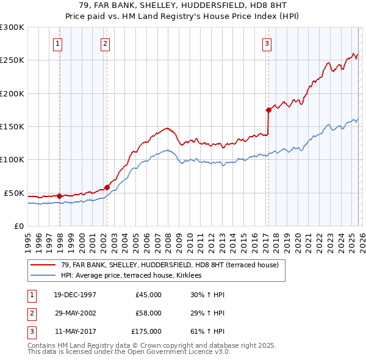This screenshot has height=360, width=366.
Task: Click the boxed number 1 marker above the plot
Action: click(x=57, y=43)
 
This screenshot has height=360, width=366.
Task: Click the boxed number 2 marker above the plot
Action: click(x=106, y=43)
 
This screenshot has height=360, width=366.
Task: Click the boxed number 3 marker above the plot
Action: click(x=267, y=43)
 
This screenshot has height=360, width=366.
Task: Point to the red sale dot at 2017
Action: click(x=268, y=110)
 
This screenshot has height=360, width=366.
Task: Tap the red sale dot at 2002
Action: click(x=107, y=187)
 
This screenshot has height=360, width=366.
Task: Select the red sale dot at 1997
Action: click(x=60, y=196)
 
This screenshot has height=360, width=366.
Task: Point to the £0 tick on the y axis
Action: click(x=19, y=226)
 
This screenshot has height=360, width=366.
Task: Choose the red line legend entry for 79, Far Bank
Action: click(x=170, y=265)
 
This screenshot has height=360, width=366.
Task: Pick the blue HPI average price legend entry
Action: click(x=135, y=276)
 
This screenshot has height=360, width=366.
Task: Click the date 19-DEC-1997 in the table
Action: click(x=75, y=295)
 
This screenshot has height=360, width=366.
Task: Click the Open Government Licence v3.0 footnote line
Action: click(x=129, y=352)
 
